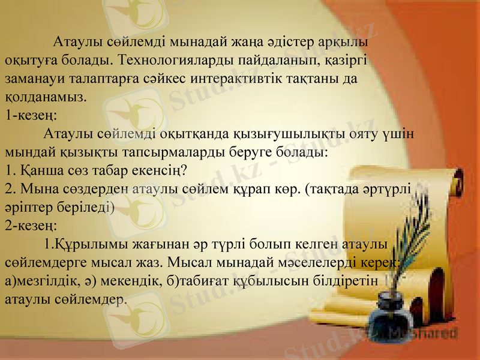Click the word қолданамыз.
46,96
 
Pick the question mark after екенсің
187,169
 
